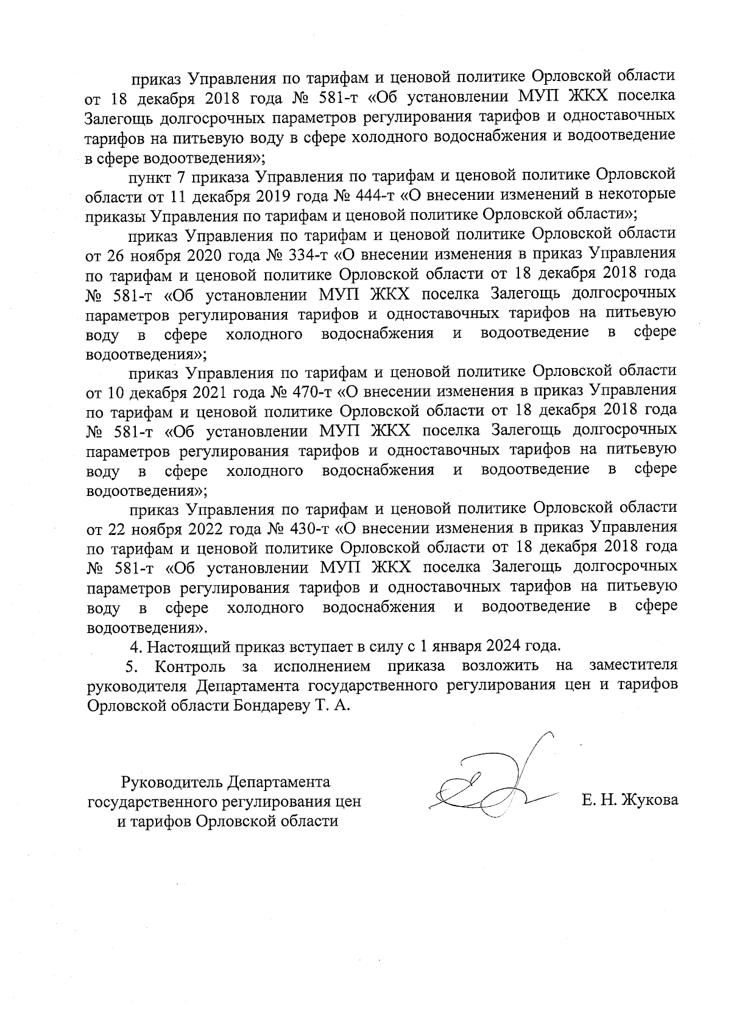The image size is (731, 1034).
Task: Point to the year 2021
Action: [x=217, y=390]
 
